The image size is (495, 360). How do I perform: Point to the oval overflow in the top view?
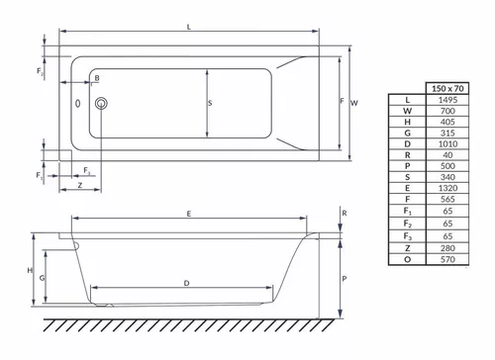[75, 103]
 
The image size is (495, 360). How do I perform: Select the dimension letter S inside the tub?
[210, 102]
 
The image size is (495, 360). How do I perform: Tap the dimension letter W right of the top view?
[354, 101]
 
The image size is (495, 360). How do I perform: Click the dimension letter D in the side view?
[187, 284]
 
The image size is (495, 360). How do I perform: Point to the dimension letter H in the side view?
[30, 270]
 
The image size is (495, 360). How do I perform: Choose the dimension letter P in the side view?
[344, 280]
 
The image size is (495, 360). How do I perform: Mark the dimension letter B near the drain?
[97, 78]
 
